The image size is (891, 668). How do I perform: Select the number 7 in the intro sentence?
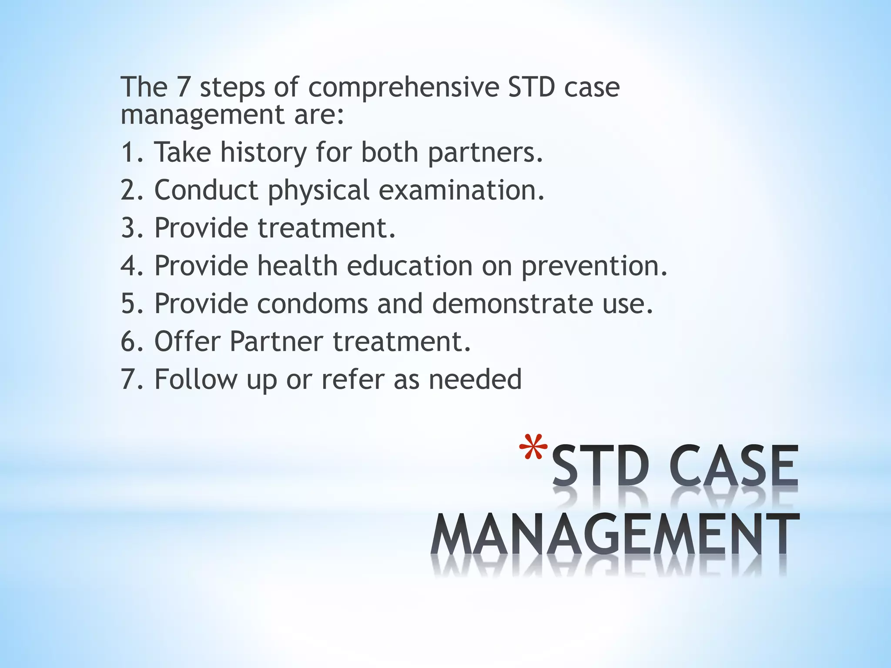click(x=183, y=87)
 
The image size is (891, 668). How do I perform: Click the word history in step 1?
click(x=264, y=152)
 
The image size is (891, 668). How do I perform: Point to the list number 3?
click(x=131, y=228)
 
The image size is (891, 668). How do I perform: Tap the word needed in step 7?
click(x=475, y=379)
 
